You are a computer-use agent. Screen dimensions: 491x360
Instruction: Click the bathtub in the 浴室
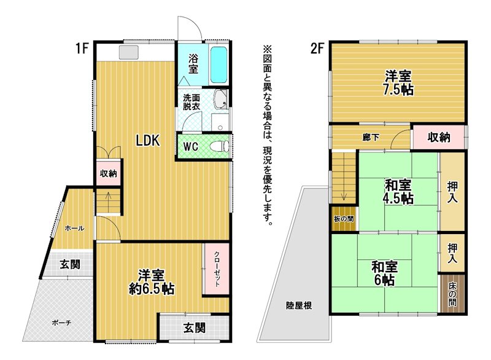click(x=218, y=65)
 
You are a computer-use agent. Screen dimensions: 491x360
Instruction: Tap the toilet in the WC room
click(x=220, y=146)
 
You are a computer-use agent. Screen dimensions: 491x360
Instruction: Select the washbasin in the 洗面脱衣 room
click(x=220, y=100)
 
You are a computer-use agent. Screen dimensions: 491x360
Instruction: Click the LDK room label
click(x=148, y=140)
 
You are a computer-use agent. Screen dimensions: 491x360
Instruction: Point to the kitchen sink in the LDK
click(x=128, y=52)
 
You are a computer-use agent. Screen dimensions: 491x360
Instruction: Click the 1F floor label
click(x=82, y=49)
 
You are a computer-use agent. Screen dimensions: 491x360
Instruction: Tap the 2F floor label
click(x=317, y=49)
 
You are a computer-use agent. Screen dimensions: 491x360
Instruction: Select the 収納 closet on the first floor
click(x=109, y=173)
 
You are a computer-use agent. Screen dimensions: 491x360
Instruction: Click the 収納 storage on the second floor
click(x=439, y=137)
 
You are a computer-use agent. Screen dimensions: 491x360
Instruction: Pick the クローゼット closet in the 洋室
click(x=217, y=269)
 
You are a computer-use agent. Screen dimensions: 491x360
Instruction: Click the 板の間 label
click(x=344, y=219)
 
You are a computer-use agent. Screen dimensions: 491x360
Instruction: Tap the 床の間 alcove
click(x=452, y=294)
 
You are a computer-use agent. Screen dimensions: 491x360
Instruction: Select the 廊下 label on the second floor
click(x=371, y=137)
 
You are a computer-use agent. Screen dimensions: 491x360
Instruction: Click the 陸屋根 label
click(x=299, y=305)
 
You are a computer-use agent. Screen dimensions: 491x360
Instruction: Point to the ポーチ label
click(x=62, y=323)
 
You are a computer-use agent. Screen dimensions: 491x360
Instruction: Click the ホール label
click(x=74, y=229)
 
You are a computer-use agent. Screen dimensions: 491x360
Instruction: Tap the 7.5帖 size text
click(x=398, y=90)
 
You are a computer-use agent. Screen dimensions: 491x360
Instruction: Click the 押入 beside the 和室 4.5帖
click(x=452, y=192)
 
